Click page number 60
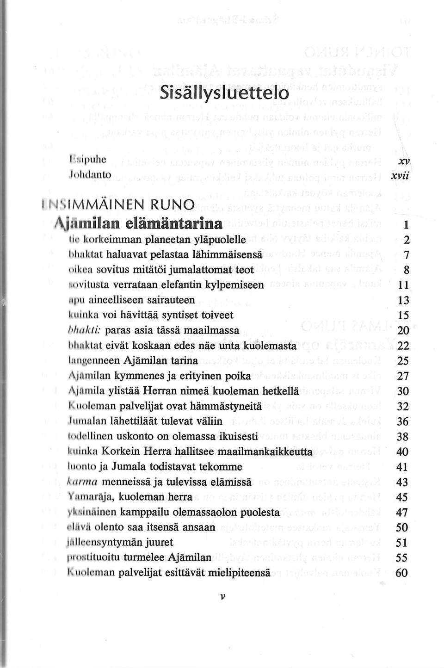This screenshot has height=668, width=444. coord(402,572)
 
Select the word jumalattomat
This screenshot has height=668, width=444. coord(179,270)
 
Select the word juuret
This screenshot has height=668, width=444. coord(159,542)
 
